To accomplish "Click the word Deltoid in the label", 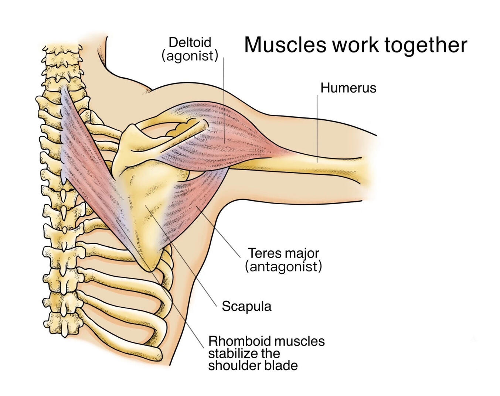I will click(x=190, y=42).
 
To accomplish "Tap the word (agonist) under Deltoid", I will click(x=190, y=56).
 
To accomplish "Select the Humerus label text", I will click(x=348, y=88).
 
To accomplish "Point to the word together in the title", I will click(x=425, y=45).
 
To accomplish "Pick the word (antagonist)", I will click(x=283, y=266).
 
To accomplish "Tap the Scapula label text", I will click(x=246, y=306).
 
